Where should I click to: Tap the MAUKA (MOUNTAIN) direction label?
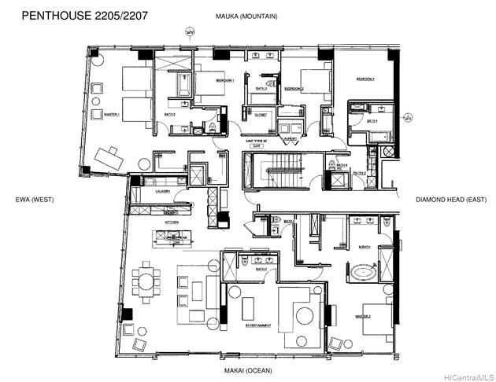tap(247, 16)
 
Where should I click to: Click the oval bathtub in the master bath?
tap(365, 274)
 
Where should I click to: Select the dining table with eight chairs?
tap(146, 281)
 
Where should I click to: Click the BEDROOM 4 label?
tap(365, 79)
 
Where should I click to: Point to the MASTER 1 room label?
tap(112, 114)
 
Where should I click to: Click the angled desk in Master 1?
tap(108, 160)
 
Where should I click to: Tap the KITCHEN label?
tap(172, 222)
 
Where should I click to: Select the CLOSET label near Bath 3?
tap(261, 115)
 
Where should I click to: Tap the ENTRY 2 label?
tap(359, 173)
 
